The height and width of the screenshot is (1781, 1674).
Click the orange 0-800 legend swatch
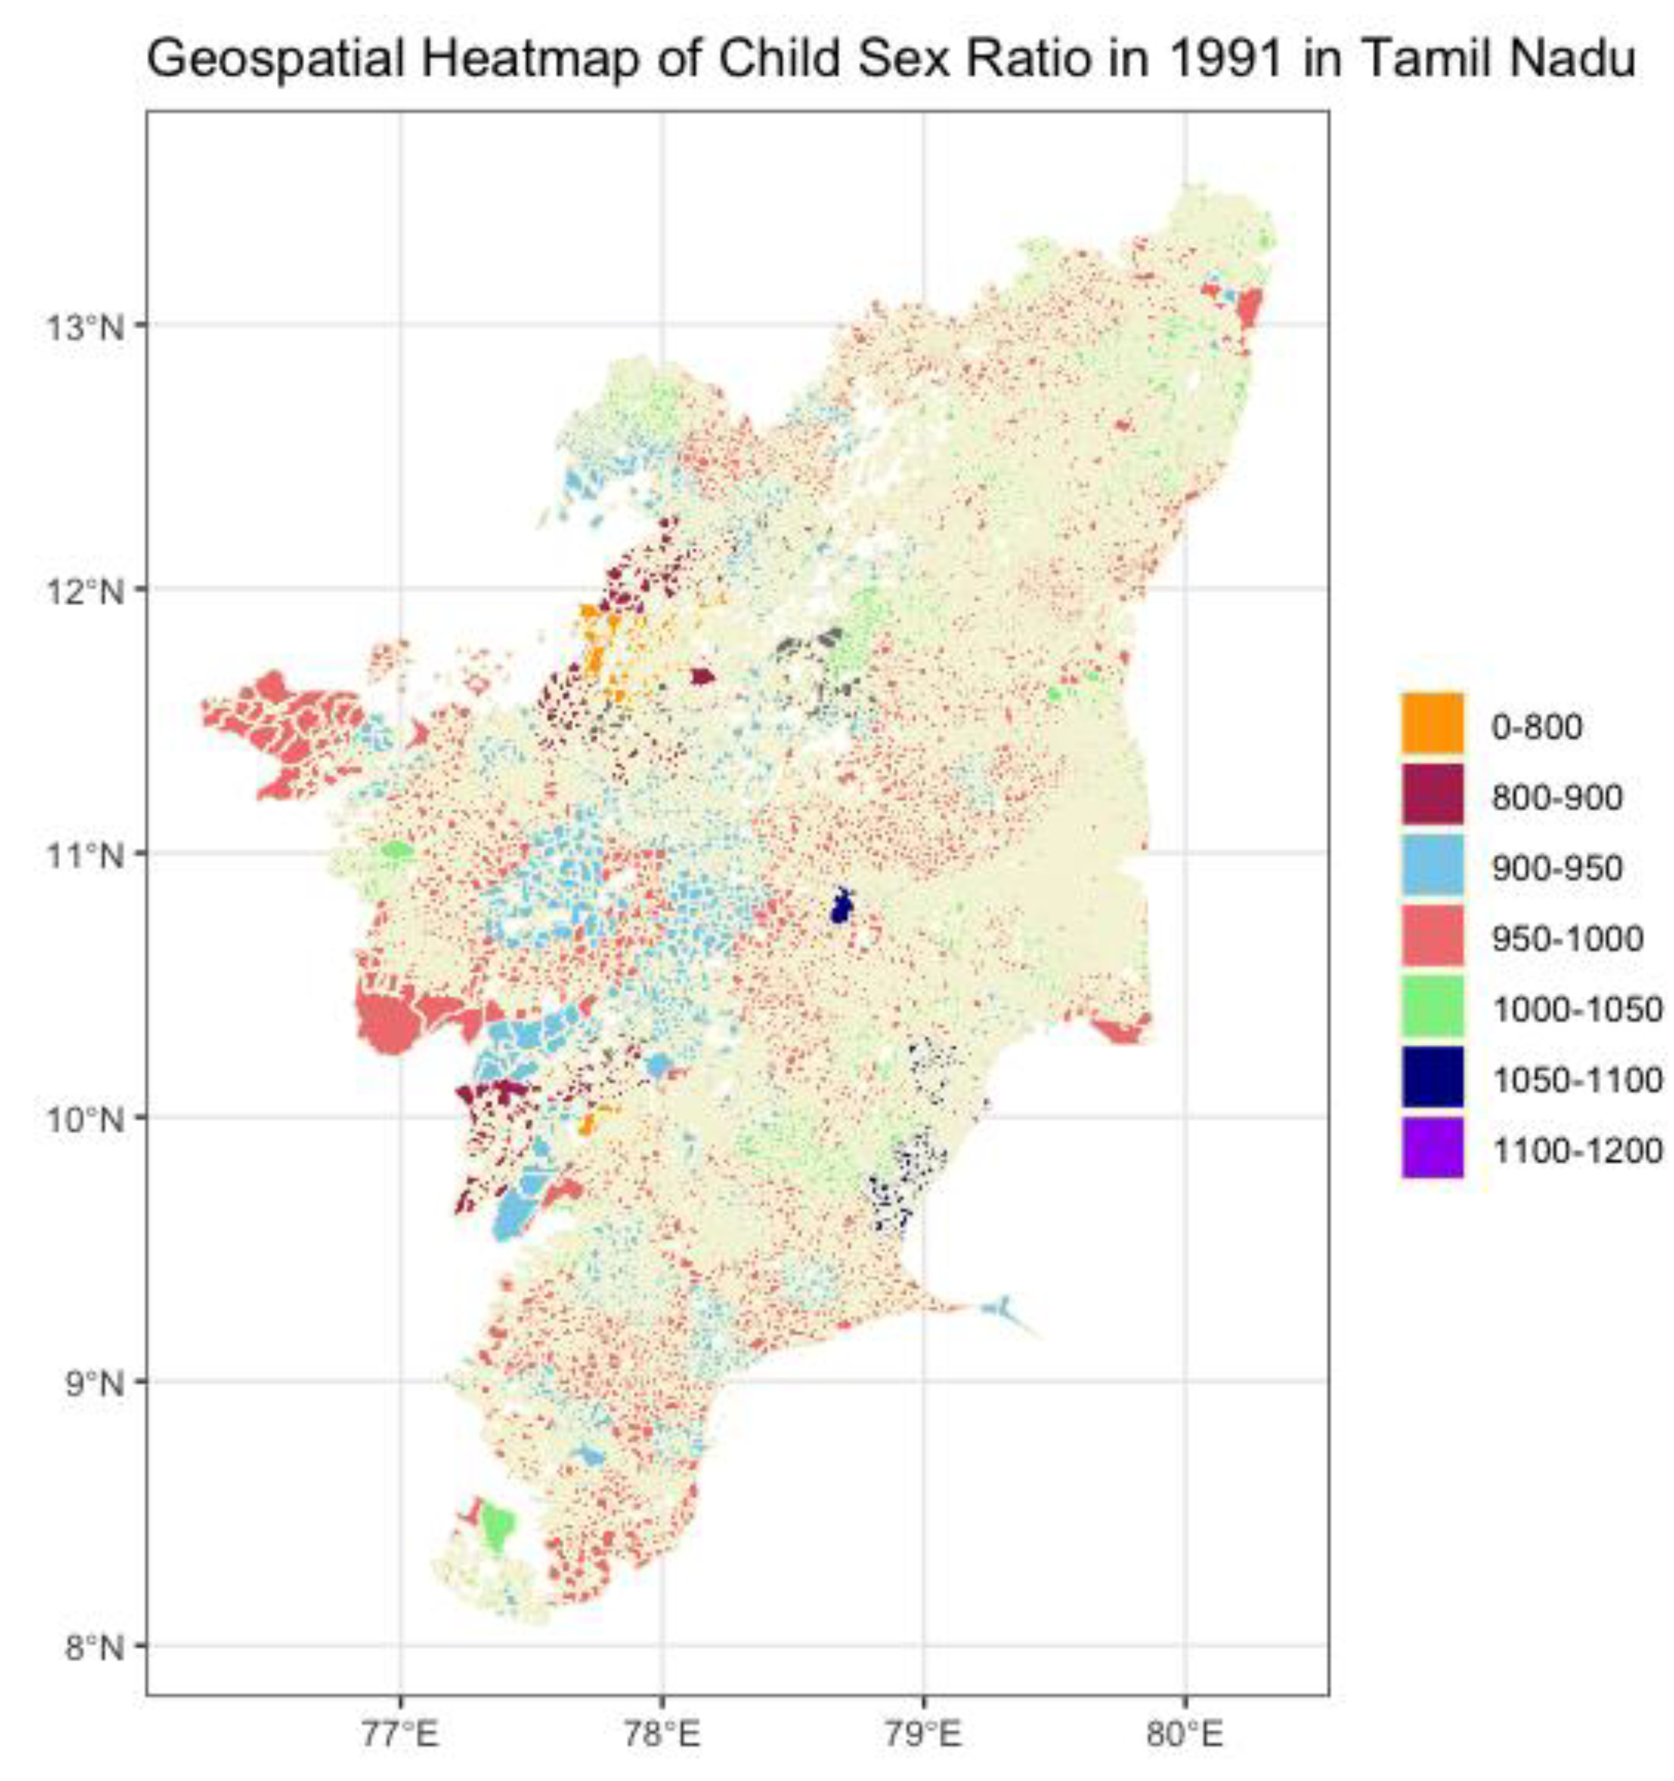[1432, 723]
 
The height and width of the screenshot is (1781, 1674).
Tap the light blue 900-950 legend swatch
[1432, 865]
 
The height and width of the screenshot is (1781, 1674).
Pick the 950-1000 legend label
[1567, 938]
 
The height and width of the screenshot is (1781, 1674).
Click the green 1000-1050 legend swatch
[1432, 1007]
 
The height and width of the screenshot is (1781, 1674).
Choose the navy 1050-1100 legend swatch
[1432, 1078]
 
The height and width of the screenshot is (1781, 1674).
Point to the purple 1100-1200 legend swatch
[1432, 1149]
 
